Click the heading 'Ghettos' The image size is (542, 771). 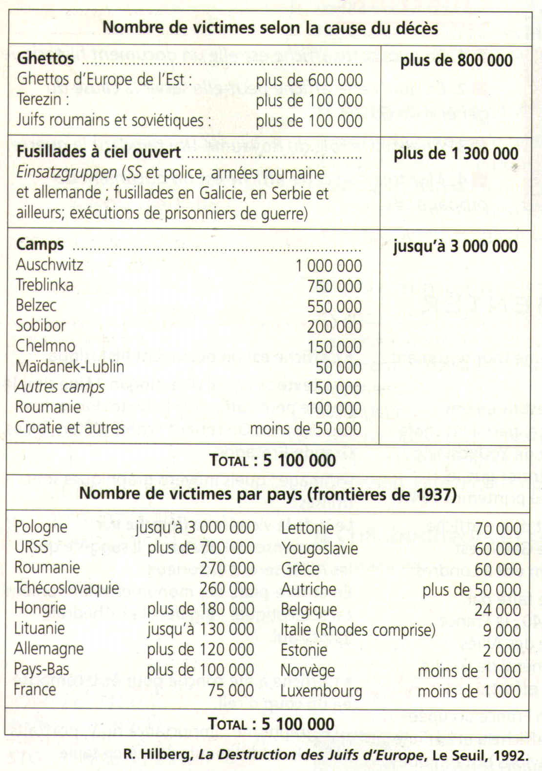point(45,59)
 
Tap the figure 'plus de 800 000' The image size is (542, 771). point(456,61)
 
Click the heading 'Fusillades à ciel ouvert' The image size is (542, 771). point(99,152)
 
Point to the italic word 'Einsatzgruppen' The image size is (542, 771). point(66,173)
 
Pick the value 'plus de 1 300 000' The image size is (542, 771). point(456,154)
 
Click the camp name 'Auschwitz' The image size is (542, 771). point(49,264)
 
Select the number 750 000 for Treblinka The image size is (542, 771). point(334,286)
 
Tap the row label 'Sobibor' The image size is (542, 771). point(41,325)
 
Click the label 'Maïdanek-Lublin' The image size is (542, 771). point(70,366)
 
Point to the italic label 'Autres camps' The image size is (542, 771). point(60,387)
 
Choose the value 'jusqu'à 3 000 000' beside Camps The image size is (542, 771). point(455,246)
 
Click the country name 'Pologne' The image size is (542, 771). point(41,527)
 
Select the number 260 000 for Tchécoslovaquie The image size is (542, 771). point(227,588)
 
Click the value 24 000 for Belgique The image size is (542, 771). point(498,609)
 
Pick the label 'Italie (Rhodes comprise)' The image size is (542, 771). point(358,629)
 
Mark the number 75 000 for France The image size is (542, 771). point(230,690)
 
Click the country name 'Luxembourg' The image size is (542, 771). point(321,691)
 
